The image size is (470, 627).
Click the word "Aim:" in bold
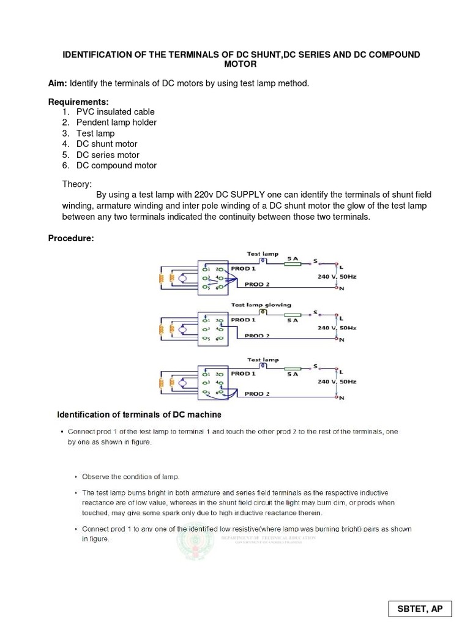click(58, 83)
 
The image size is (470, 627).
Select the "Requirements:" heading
click(78, 101)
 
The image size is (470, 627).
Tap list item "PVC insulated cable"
click(115, 111)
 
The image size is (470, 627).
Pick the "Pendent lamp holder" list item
click(116, 122)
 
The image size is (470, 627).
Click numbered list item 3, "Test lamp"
click(95, 133)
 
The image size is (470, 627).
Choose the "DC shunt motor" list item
click(106, 144)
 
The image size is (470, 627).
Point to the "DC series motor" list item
click(108, 155)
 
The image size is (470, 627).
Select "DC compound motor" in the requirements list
click(116, 165)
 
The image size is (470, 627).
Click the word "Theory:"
click(76, 184)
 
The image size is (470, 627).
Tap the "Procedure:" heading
click(71, 238)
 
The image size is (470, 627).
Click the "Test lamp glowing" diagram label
click(261, 305)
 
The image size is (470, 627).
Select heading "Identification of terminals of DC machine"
click(135, 415)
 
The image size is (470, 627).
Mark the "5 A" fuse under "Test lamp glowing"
click(293, 320)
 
